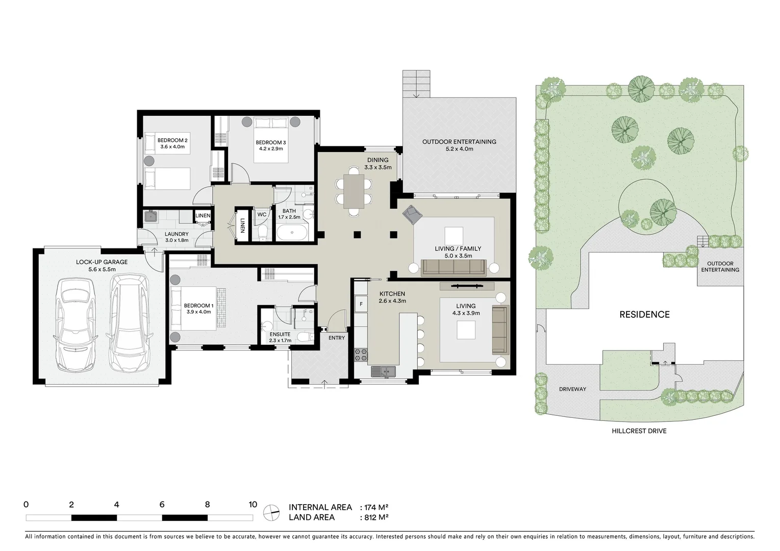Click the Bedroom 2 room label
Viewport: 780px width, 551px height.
click(172, 140)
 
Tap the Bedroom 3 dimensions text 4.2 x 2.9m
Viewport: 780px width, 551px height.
click(269, 149)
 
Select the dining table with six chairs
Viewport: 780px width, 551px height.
click(354, 191)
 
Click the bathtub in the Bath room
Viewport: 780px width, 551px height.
click(292, 234)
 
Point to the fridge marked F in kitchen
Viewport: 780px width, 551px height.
click(361, 304)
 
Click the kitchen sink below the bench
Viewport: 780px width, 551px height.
click(383, 372)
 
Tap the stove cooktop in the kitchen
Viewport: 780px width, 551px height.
click(361, 354)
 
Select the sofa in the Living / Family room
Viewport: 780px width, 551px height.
click(454, 267)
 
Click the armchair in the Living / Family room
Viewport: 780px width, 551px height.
click(412, 215)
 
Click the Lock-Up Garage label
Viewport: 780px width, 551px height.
click(102, 262)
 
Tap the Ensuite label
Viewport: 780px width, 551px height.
click(280, 334)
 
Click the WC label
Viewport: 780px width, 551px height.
click(262, 215)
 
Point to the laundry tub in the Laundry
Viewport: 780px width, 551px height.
click(150, 217)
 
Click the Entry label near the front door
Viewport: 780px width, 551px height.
click(337, 338)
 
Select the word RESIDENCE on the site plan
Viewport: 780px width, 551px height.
click(644, 314)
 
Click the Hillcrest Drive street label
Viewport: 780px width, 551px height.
click(639, 431)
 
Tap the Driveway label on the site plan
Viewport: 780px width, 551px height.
click(572, 389)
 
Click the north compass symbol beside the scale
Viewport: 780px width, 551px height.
click(271, 512)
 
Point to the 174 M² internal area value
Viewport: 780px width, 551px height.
click(376, 507)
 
